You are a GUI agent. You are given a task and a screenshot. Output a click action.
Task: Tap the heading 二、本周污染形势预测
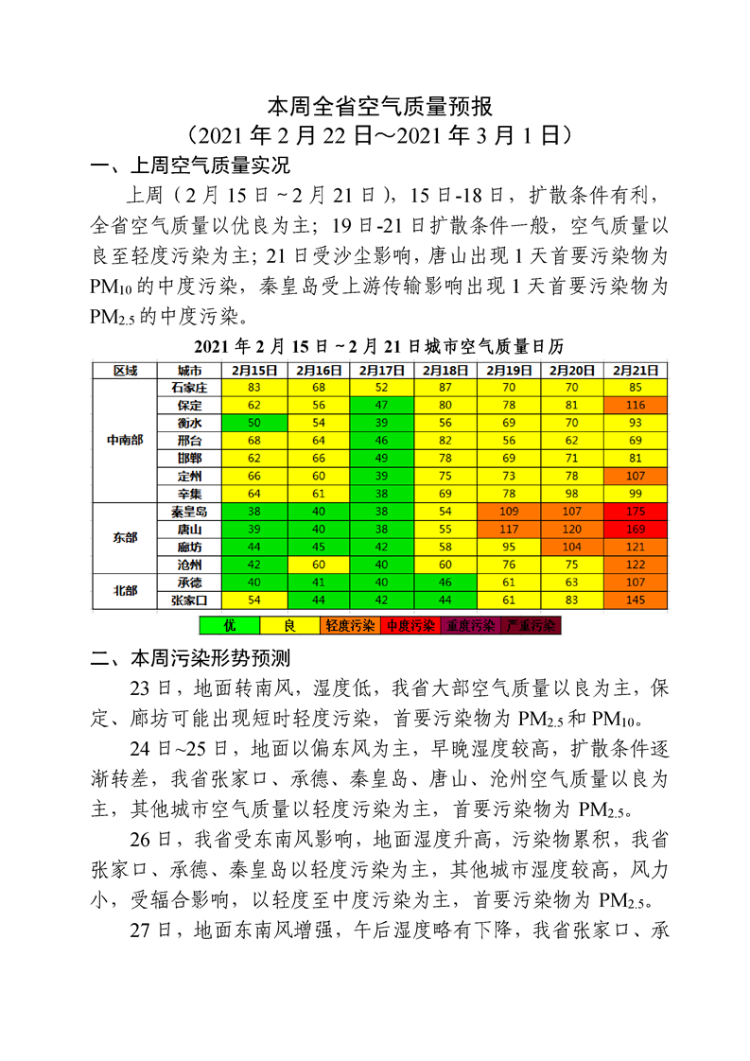[x=189, y=656]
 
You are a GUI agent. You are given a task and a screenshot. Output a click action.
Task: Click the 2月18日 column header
[x=445, y=370]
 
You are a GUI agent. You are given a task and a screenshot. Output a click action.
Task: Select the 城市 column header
[x=188, y=370]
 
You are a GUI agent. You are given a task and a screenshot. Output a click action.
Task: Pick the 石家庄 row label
[x=188, y=388]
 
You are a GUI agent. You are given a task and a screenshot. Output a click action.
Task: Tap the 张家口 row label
[x=188, y=600]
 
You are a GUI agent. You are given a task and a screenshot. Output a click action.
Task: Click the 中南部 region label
[x=124, y=441]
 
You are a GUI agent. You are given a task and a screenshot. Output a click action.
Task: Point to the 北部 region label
[x=124, y=590]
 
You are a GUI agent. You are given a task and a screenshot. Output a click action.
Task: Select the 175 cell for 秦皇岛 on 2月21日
[x=636, y=512]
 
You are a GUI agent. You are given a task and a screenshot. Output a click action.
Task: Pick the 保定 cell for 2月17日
[x=381, y=405]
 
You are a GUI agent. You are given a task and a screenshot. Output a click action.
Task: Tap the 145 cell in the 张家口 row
[x=636, y=600]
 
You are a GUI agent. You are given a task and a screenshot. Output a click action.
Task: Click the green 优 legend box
[x=229, y=625]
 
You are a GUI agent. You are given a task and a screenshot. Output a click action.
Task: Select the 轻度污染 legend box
[x=349, y=625]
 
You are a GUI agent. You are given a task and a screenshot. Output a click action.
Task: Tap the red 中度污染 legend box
[x=410, y=625]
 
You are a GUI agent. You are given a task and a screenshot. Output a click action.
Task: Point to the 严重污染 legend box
[x=532, y=625]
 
